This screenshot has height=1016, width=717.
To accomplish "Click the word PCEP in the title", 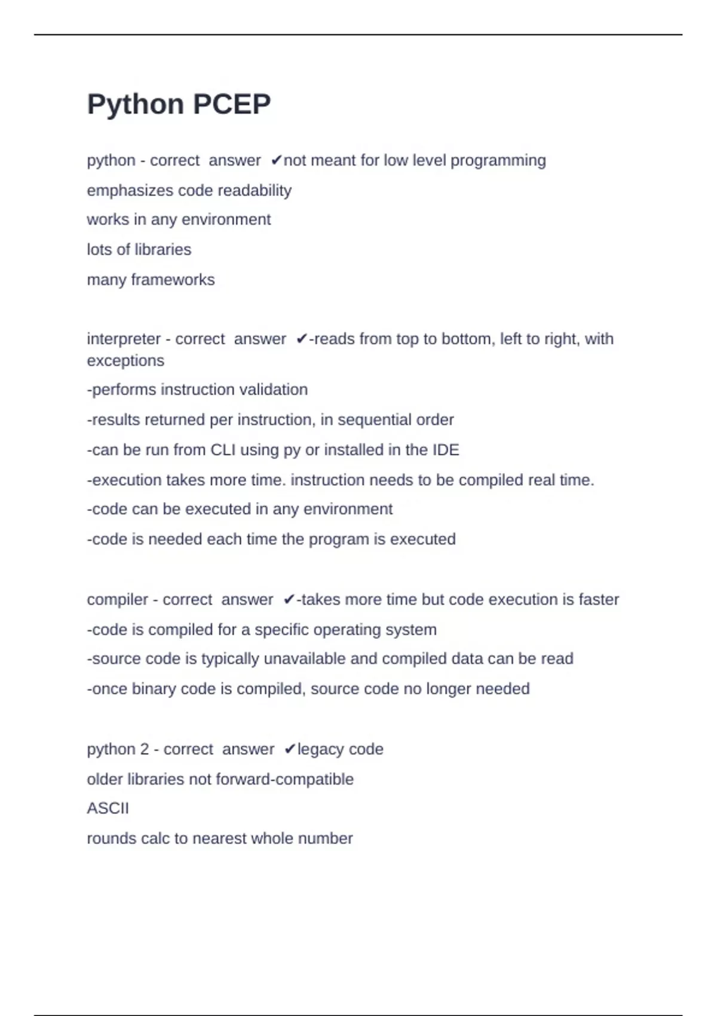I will click(x=232, y=105).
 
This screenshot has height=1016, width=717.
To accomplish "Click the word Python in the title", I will click(x=135, y=105).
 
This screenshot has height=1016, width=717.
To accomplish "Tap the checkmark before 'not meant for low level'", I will click(x=276, y=161).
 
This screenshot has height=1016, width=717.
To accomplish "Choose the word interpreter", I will click(x=124, y=339).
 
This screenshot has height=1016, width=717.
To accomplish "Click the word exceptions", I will click(x=125, y=361).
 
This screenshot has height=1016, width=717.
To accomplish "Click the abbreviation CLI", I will click(x=223, y=450).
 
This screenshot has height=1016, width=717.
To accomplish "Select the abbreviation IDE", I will click(x=446, y=450).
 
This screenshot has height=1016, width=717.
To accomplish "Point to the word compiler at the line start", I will click(x=117, y=600).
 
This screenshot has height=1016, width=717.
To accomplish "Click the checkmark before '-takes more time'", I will click(x=289, y=600).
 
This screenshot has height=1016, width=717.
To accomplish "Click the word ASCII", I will click(x=108, y=809).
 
